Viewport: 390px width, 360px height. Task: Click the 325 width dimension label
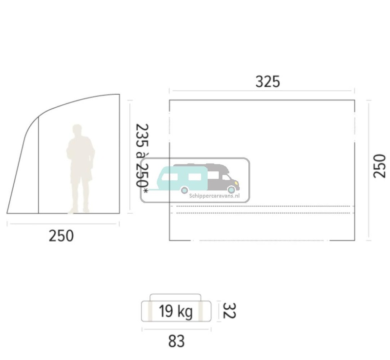click(268, 82)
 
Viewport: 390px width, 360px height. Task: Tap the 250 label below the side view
click(61, 236)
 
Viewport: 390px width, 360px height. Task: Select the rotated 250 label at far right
click(380, 166)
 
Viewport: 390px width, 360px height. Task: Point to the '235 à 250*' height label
click(142, 159)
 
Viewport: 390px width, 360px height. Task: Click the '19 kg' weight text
click(176, 311)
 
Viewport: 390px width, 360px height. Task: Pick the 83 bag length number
click(176, 341)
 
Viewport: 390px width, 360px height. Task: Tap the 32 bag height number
click(229, 311)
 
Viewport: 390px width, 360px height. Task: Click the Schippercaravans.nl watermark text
click(214, 196)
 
